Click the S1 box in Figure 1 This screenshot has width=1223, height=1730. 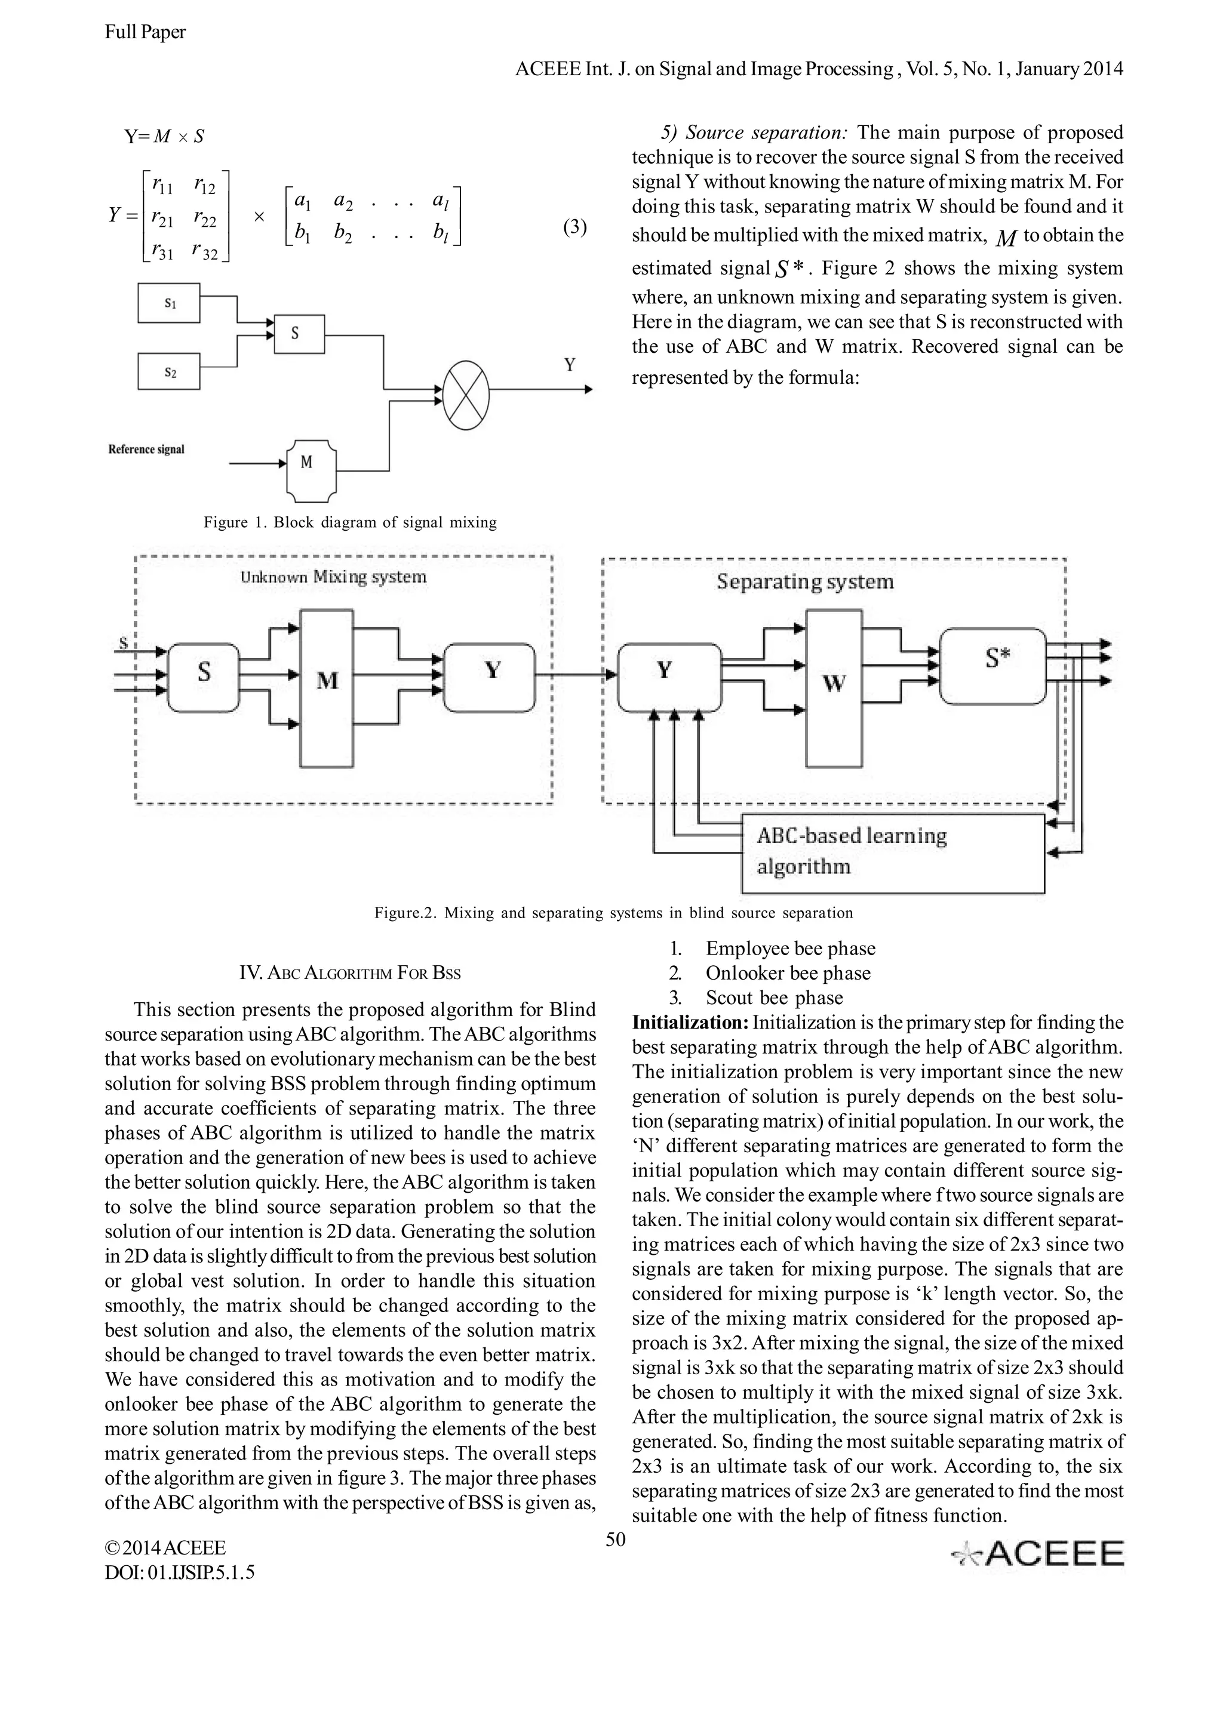[169, 303]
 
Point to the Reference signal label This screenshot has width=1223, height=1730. [146, 449]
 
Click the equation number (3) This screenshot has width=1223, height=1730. [575, 227]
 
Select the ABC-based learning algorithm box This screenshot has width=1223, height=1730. [893, 853]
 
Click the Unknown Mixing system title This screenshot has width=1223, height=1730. [333, 577]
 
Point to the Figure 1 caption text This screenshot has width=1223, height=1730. [350, 522]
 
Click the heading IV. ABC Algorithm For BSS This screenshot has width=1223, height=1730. [350, 972]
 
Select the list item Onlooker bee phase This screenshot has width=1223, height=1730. [788, 972]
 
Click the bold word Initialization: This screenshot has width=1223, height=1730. [690, 1023]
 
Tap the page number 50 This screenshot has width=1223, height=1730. [616, 1538]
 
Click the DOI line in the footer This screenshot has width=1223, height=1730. [179, 1572]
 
